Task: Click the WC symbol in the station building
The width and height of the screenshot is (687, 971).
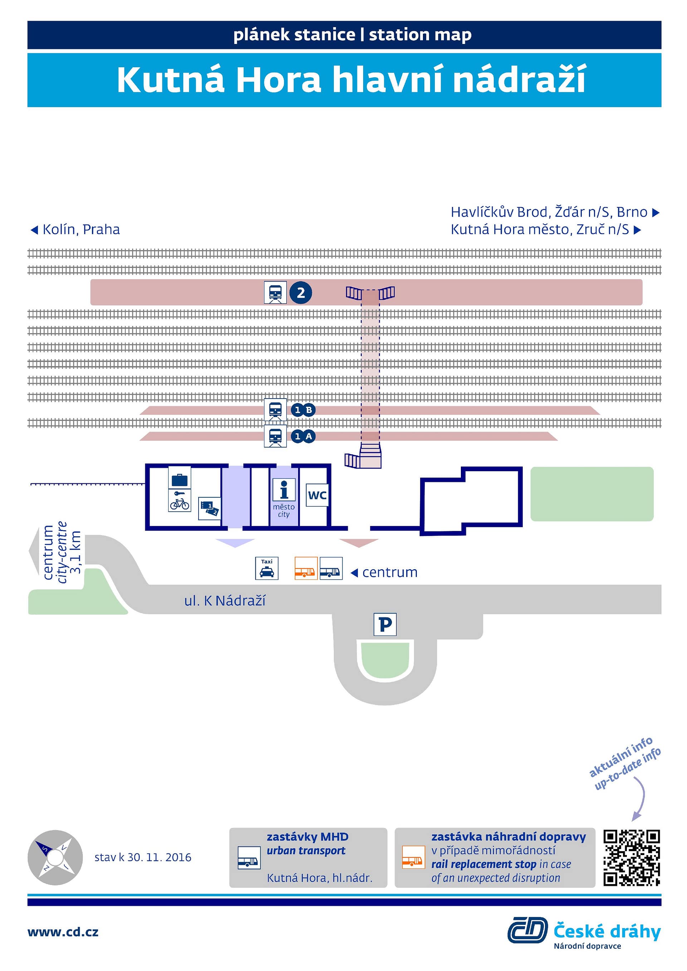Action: (x=317, y=495)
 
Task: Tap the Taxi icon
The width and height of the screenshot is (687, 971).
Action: (x=267, y=568)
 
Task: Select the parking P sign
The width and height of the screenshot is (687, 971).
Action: (x=385, y=624)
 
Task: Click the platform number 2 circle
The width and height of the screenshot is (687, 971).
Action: (x=301, y=293)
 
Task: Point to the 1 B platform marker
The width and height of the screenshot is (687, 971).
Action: (x=303, y=410)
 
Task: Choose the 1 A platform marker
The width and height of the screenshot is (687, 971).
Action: (x=303, y=436)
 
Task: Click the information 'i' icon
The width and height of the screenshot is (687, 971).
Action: (x=284, y=490)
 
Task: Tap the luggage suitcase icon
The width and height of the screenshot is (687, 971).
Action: (x=180, y=478)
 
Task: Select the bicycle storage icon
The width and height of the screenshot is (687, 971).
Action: (x=180, y=501)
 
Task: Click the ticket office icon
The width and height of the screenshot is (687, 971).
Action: (x=209, y=508)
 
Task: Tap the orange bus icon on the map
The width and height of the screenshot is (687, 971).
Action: (x=306, y=568)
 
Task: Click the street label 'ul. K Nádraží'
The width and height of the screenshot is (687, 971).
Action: (x=225, y=601)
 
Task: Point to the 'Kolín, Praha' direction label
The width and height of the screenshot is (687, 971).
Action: (x=75, y=229)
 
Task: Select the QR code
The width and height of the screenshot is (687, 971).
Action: (x=632, y=858)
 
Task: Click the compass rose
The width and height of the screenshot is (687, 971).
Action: (x=55, y=858)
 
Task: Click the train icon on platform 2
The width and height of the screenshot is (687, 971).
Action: (x=276, y=293)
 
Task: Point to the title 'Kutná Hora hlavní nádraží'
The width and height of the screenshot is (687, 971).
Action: (x=351, y=79)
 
